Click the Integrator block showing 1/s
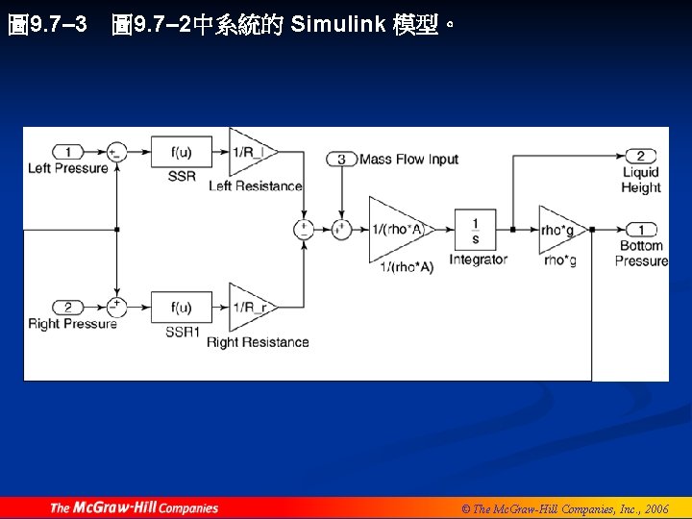point(475,230)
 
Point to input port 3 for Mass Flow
point(341,160)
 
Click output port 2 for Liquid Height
point(640,156)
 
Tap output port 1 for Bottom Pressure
point(640,230)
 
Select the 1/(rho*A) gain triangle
point(396,230)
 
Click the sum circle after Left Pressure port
point(116,152)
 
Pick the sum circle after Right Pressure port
point(116,308)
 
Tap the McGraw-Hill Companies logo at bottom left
point(134,507)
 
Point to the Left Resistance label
point(256,185)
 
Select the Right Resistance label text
point(258,342)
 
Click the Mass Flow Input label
point(408,160)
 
